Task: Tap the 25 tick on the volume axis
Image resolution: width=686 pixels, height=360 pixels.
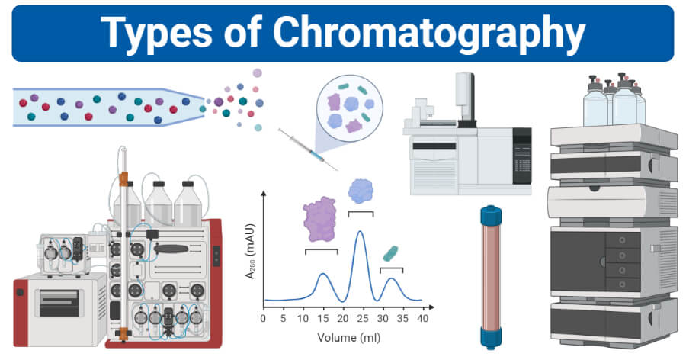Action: coord(363,317)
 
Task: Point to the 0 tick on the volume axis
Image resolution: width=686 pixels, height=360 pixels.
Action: coord(263,317)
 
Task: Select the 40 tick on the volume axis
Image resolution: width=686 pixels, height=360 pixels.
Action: coord(423,317)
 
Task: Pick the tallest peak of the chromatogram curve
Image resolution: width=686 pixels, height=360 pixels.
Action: coord(361,232)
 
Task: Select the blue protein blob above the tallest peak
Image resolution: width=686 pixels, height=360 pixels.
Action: coord(361,191)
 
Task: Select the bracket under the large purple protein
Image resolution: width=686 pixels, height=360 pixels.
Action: coord(321,250)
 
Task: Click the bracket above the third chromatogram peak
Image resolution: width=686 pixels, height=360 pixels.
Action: coord(391,269)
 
